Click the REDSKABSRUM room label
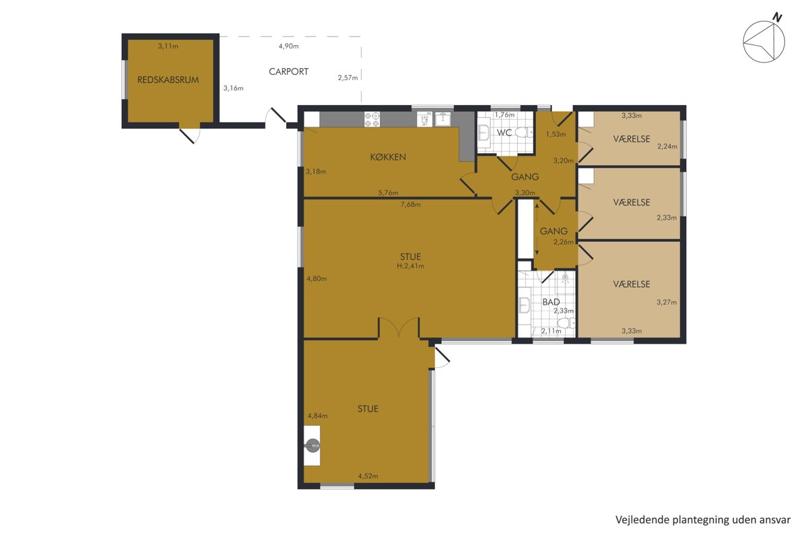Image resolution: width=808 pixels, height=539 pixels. [168, 80]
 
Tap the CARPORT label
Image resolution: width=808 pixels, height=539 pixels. [289, 71]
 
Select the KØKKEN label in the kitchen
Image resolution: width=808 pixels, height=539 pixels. [388, 157]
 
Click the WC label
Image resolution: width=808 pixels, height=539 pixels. [504, 133]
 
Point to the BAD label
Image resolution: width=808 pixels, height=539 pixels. [551, 302]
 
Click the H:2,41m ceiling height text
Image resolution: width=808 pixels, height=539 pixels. [411, 266]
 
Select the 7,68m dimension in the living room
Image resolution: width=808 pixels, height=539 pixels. [411, 205]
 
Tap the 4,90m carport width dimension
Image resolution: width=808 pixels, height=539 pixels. [289, 46]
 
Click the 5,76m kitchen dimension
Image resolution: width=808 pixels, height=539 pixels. [388, 193]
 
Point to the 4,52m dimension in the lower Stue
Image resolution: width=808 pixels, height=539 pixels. [368, 476]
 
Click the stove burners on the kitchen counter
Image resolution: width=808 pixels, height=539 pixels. [372, 119]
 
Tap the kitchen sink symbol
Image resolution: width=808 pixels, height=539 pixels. [442, 119]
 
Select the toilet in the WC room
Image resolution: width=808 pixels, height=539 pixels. [524, 133]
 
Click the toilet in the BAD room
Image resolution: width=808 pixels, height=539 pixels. [566, 322]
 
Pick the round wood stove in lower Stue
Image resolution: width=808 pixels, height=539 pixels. [312, 445]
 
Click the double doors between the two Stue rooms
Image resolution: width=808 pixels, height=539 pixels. [399, 327]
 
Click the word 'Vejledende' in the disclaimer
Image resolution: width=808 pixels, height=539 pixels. [636, 520]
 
